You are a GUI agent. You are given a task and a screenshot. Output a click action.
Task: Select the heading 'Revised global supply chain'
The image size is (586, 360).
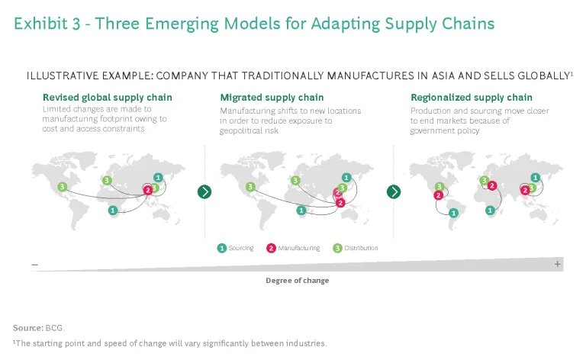coord(107,98)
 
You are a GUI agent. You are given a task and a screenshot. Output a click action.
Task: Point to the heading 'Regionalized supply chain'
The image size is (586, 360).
coord(472,98)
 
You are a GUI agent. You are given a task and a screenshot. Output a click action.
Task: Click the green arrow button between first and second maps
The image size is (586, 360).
coord(204,191)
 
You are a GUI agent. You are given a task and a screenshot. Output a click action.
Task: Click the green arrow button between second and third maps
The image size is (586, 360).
coord(394,191)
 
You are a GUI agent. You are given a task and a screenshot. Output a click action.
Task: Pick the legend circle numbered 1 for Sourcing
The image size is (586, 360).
coord(221,248)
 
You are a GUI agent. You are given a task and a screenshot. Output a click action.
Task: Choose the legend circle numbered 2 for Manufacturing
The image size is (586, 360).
coord(271,248)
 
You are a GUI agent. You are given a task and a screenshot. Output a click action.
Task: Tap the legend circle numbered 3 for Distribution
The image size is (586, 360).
coord(336,248)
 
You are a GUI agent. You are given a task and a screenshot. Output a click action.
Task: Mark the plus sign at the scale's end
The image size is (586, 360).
coord(558,264)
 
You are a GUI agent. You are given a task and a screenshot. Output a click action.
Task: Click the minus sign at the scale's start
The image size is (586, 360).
coord(35,264)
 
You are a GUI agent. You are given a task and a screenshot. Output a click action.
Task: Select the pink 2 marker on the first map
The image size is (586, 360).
coord(148,190)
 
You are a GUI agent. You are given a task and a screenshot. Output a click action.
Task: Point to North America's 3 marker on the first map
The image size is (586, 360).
coord(62,186)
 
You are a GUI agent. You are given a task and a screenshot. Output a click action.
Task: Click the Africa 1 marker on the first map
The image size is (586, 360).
coord(113,210)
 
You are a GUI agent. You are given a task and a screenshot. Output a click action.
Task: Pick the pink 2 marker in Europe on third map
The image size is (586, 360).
coord(492,185)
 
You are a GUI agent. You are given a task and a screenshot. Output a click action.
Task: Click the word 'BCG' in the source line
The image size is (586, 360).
coord(55,327)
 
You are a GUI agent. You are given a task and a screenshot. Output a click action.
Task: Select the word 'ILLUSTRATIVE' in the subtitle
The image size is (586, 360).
coord(59,76)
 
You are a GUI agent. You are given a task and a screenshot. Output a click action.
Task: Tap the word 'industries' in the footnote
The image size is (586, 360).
coord(305,343)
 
